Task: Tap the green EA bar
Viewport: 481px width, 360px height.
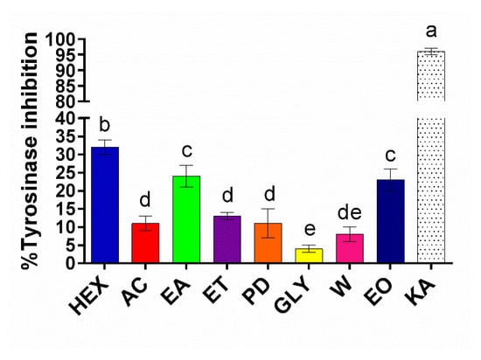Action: [x=186, y=219]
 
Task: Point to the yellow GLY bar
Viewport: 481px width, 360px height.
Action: [x=308, y=255]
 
